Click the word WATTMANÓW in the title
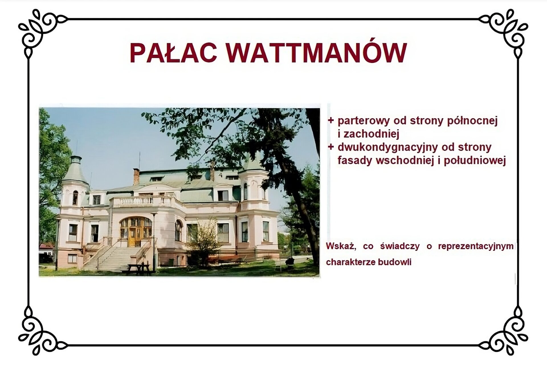[x=316, y=53]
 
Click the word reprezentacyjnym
[x=476, y=246]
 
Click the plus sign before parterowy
[x=330, y=120]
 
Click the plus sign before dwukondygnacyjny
[x=330, y=147]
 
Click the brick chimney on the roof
[x=136, y=176]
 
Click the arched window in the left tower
[x=75, y=198]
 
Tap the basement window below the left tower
[x=72, y=258]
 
